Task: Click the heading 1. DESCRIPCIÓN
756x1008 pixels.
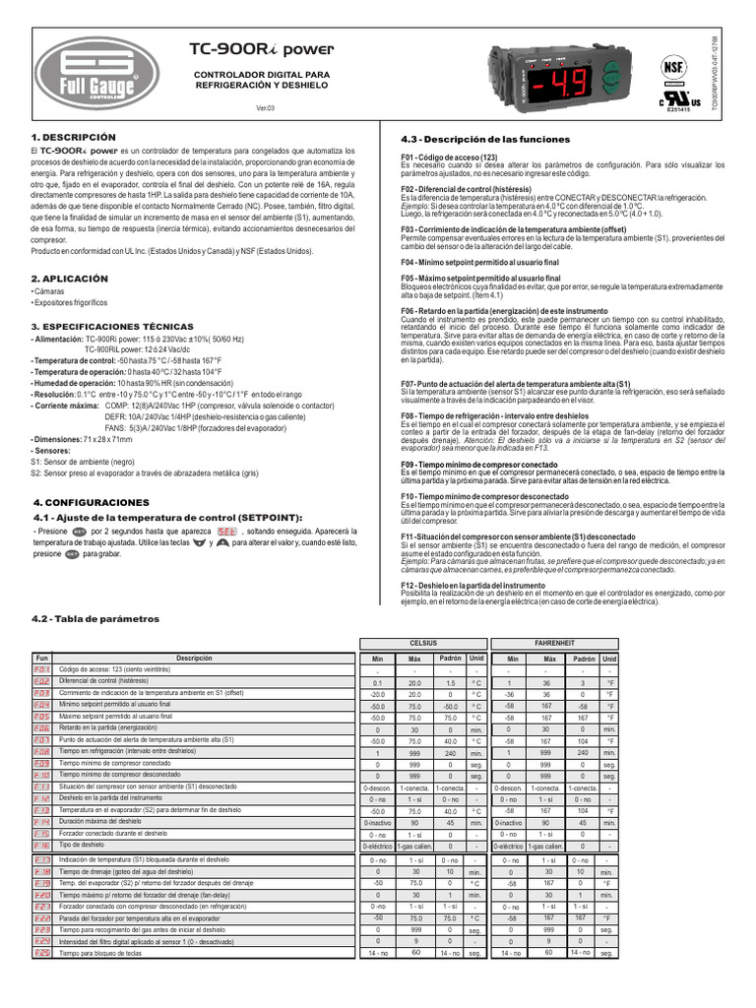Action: point(73,137)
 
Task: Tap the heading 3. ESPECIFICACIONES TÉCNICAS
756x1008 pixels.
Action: point(112,326)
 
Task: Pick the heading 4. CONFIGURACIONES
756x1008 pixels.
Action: point(91,502)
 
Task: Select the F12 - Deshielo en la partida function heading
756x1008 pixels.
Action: point(473,585)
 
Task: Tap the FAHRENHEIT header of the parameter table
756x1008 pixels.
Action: point(556,642)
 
